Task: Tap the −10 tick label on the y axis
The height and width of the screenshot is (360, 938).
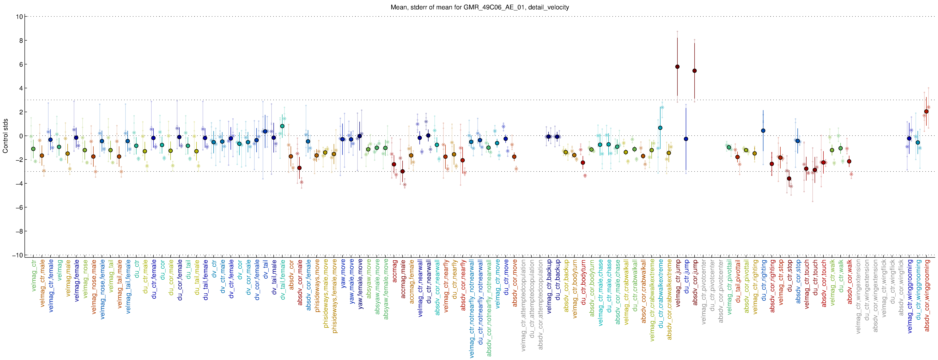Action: click(x=17, y=255)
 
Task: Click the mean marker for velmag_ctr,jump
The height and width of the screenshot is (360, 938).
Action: click(x=677, y=67)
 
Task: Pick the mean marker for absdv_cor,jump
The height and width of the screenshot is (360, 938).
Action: click(x=694, y=71)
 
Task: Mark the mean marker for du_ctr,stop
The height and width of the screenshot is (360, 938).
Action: click(x=789, y=178)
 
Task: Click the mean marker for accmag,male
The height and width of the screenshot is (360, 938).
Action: click(x=402, y=171)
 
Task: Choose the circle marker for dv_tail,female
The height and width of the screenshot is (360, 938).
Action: click(x=282, y=126)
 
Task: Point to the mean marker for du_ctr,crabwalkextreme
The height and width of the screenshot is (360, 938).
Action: click(x=660, y=128)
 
